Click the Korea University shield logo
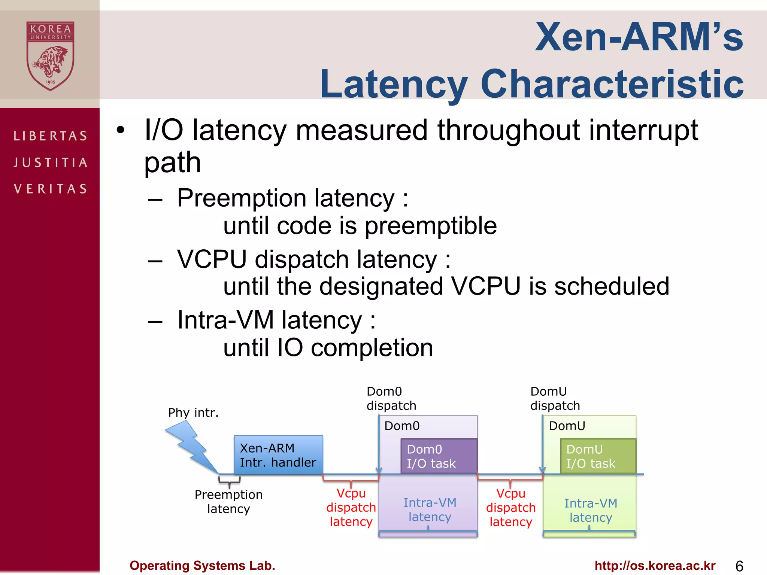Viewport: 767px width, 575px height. pyautogui.click(x=50, y=56)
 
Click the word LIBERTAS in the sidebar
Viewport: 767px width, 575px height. pyautogui.click(x=50, y=136)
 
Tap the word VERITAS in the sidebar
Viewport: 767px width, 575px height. pyautogui.click(x=50, y=189)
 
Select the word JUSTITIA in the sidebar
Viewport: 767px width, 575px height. pyautogui.click(x=50, y=162)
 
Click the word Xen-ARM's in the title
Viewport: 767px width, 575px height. pyautogui.click(x=639, y=37)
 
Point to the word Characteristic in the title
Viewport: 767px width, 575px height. pyautogui.click(x=612, y=84)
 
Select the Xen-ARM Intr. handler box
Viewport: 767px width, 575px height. pyautogui.click(x=278, y=455)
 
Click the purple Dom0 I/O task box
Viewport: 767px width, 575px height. pyautogui.click(x=439, y=456)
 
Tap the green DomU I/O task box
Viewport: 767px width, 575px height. pyautogui.click(x=598, y=456)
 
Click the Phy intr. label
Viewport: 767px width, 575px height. pyautogui.click(x=193, y=413)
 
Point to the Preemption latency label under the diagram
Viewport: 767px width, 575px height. pyautogui.click(x=228, y=502)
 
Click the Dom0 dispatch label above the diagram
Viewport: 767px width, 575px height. pyautogui.click(x=391, y=399)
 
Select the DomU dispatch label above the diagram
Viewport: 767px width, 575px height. pyautogui.click(x=555, y=399)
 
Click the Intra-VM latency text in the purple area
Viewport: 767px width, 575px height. pyautogui.click(x=430, y=509)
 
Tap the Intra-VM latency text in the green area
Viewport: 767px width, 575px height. pyautogui.click(x=591, y=510)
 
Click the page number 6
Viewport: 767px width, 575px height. pyautogui.click(x=739, y=566)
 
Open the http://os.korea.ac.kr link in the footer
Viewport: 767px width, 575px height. pyautogui.click(x=655, y=565)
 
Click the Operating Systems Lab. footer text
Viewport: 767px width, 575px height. pyautogui.click(x=202, y=565)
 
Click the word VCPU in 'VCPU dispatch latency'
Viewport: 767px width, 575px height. pyautogui.click(x=212, y=259)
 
